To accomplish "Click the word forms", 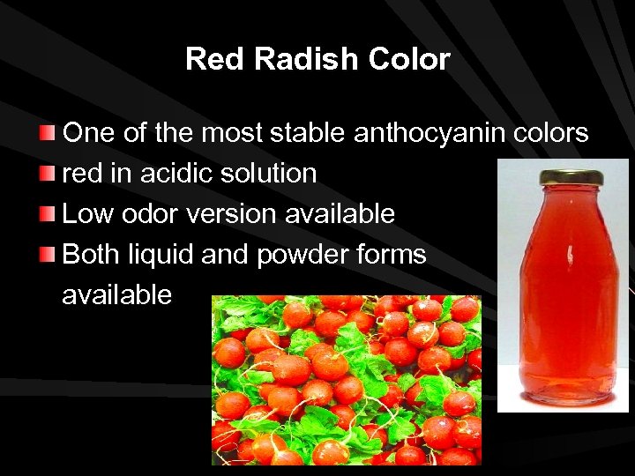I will click(x=391, y=255).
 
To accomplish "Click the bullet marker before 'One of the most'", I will click(x=49, y=134).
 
